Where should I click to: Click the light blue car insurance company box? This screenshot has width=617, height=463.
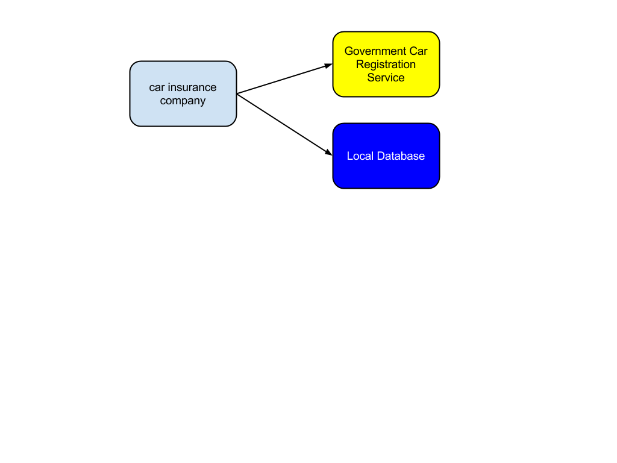[183, 93]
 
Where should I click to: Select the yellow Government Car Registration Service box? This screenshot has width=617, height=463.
[386, 64]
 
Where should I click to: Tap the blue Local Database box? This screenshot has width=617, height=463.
[386, 156]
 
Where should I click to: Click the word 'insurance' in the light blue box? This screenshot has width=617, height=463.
[192, 87]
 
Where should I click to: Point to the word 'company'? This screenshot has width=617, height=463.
[183, 101]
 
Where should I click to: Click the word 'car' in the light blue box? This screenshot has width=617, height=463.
[157, 87]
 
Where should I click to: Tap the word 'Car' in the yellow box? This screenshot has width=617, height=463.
[419, 51]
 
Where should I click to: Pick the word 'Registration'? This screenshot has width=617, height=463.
[386, 64]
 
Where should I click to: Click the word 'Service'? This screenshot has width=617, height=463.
[386, 78]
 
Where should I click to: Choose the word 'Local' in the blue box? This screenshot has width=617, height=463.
[360, 156]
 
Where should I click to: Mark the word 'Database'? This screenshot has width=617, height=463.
[401, 156]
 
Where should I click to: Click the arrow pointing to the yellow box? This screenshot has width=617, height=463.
[285, 79]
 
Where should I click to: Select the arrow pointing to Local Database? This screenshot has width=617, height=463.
[285, 124]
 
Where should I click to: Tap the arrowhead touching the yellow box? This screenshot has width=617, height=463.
[328, 65]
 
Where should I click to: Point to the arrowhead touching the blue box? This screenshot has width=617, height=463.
[329, 153]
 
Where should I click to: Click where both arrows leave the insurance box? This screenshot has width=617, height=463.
[237, 93]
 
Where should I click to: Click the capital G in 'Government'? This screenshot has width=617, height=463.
[349, 51]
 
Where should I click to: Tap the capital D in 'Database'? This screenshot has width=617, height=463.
[381, 156]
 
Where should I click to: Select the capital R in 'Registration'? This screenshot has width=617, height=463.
[360, 64]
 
